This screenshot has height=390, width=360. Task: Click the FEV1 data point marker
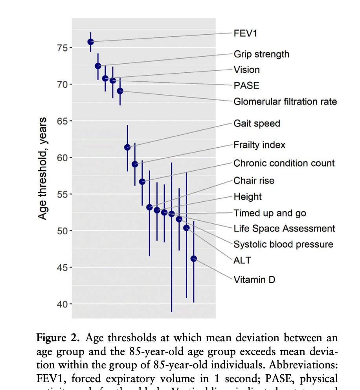click(91, 42)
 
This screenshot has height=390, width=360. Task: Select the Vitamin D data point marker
click(194, 259)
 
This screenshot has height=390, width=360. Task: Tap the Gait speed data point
click(127, 147)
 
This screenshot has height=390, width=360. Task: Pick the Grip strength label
click(261, 54)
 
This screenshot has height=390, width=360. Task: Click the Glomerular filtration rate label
click(285, 102)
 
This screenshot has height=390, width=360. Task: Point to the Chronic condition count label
click(284, 163)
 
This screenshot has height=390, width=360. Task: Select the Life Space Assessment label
click(284, 229)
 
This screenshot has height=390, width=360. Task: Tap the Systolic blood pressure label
click(283, 245)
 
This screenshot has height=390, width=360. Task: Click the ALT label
click(242, 260)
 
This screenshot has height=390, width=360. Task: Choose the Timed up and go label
click(270, 213)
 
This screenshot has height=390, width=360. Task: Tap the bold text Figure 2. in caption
click(59, 338)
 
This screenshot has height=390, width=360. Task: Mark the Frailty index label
click(259, 145)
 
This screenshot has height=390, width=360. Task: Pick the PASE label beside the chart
click(246, 86)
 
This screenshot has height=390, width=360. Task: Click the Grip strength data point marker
click(98, 66)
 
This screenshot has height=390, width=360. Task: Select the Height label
click(248, 197)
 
